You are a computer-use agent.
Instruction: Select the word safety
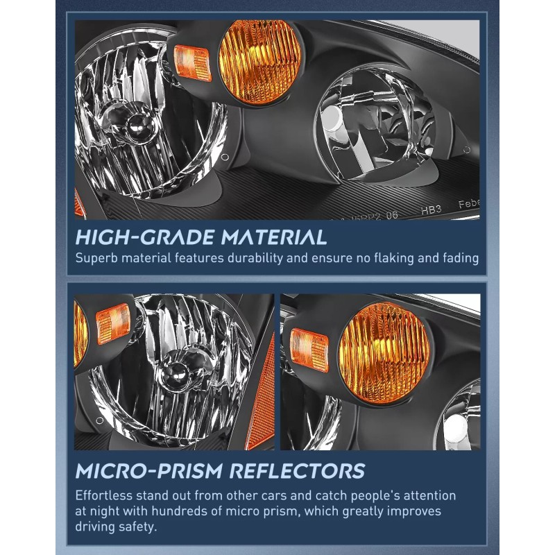click(x=140, y=528)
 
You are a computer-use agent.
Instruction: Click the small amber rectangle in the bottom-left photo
click(x=112, y=325)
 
